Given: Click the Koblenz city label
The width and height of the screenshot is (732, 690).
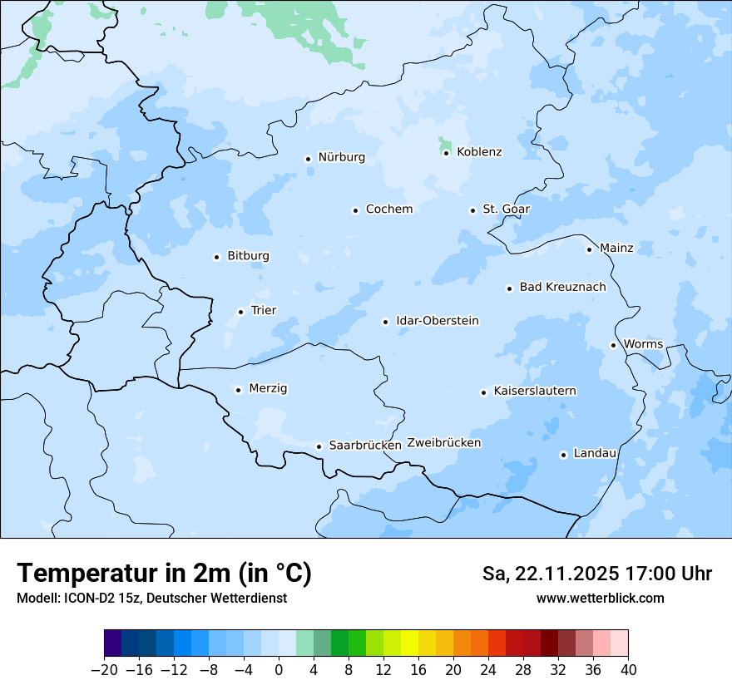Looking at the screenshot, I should pos(479,152).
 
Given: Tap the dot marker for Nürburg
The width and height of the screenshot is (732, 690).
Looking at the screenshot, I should pos(308,158).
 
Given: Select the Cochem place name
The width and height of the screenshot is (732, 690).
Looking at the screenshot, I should pos(388,209).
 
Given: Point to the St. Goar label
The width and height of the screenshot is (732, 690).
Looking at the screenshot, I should pos(506,209).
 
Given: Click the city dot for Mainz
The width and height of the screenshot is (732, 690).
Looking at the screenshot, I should pos(589,249).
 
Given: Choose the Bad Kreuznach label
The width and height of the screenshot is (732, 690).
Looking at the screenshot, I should pos(562,288).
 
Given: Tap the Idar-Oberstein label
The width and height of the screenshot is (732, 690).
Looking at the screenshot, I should pos(437,321).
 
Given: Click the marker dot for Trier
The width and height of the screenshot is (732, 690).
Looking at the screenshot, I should pos(240,312).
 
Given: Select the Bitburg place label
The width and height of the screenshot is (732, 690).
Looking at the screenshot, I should pos(248,256).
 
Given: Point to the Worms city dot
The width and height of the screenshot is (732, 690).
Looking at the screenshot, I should pos(613,345).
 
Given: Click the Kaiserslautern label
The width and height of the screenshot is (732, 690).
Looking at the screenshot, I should pos(534,392).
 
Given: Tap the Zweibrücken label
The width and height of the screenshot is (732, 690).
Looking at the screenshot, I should pos(443,443).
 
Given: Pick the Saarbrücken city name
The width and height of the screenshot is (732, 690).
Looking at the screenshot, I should pos(365,446).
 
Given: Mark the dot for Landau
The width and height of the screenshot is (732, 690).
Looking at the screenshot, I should pos(563,455).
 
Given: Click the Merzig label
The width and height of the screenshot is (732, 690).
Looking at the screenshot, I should pos(268,389).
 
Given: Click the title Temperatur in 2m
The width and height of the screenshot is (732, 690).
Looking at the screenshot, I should pos(164,574).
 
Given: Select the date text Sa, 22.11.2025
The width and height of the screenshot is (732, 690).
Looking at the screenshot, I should pos(549,574).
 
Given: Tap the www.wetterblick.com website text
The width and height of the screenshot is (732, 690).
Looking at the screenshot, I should pos(600,598).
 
